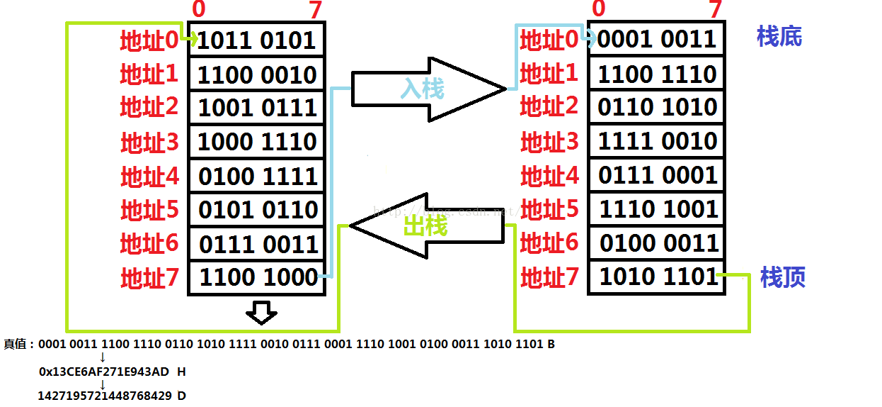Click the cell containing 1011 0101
(256, 40)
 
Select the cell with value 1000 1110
(256, 142)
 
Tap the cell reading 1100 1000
(256, 277)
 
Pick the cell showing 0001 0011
(656, 40)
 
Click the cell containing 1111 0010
(656, 141)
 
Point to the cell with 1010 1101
(656, 277)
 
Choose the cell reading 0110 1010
(656, 107)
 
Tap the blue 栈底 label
(779, 37)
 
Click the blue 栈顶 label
(782, 277)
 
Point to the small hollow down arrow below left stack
(261, 312)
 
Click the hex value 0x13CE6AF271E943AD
(104, 372)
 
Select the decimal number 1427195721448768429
(105, 396)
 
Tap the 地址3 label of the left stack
(149, 143)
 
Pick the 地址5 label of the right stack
(549, 209)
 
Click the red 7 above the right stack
(716, 9)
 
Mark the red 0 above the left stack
(199, 9)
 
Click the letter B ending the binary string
(551, 345)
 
